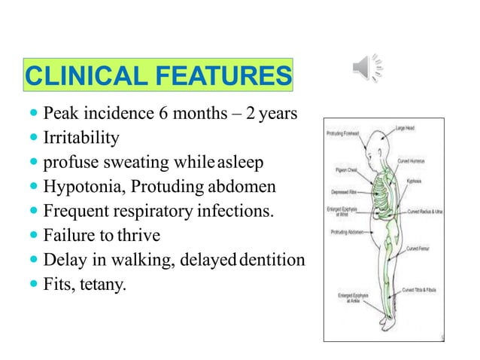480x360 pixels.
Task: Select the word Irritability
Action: [x=81, y=139]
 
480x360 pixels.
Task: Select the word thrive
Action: [x=140, y=236]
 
